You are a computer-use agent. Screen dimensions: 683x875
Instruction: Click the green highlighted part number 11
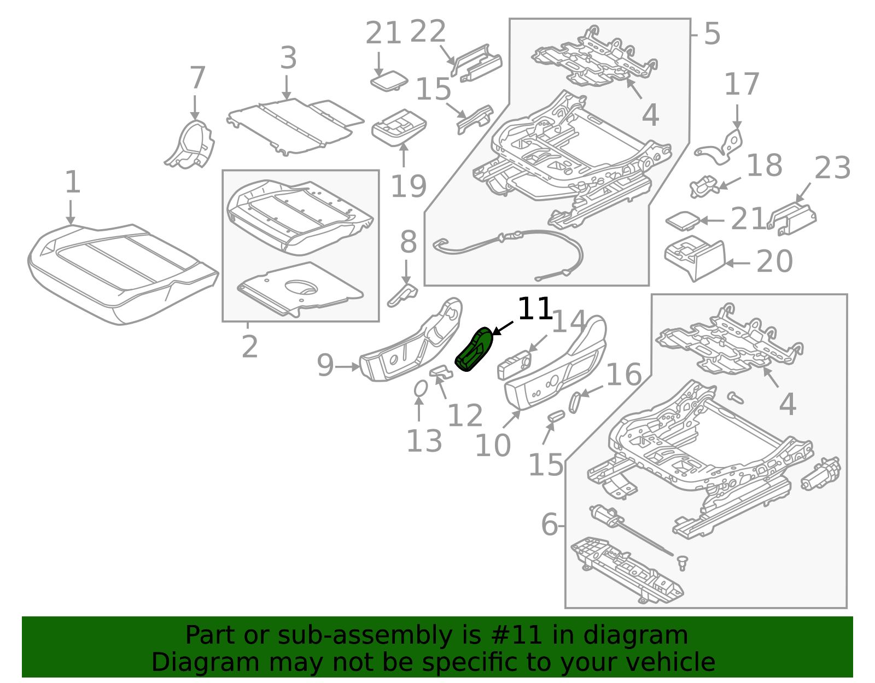tap(474, 350)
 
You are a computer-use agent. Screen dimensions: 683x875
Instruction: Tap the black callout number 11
tap(534, 310)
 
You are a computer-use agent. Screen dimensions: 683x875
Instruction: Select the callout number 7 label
tap(197, 78)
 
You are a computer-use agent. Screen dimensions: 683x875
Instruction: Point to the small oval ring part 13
tap(421, 388)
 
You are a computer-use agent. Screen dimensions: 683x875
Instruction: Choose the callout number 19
tap(408, 186)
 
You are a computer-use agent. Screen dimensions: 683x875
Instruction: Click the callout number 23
tap(832, 168)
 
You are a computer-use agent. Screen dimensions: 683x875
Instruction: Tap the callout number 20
tap(774, 261)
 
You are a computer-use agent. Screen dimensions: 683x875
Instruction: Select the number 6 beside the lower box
tap(550, 525)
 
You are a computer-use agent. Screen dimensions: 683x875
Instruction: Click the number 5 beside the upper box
tap(711, 34)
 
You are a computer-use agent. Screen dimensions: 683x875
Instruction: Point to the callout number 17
tap(742, 85)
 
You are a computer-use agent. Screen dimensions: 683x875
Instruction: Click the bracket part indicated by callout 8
tap(403, 295)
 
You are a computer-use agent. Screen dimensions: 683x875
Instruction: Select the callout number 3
tap(288, 58)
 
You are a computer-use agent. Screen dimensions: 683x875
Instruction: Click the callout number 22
tap(428, 32)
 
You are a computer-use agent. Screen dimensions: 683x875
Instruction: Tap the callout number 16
tap(623, 375)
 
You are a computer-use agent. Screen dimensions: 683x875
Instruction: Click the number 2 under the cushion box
tap(249, 347)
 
